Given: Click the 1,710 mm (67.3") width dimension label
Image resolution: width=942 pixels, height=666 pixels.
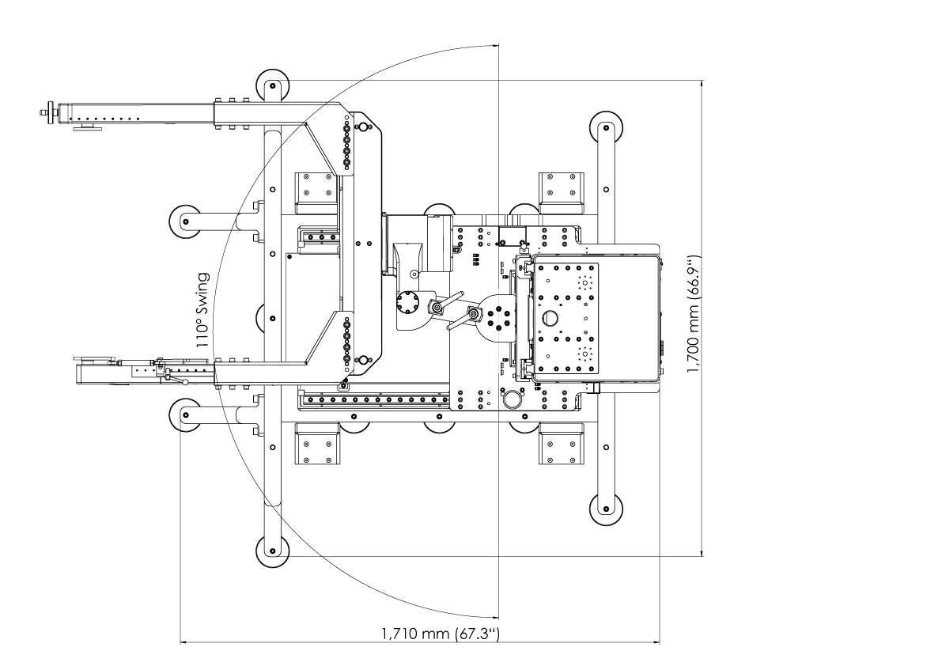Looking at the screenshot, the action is [x=441, y=633].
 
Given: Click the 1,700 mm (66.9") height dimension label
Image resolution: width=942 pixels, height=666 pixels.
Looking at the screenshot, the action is [x=694, y=313].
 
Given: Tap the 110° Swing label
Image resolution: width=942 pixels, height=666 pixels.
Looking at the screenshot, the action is [x=202, y=311].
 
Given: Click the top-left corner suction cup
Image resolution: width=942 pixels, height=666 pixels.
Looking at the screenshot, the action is [x=274, y=86].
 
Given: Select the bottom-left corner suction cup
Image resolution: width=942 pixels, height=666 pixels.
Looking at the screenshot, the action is [x=274, y=550].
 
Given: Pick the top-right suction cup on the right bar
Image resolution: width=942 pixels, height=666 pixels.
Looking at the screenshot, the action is [x=606, y=127].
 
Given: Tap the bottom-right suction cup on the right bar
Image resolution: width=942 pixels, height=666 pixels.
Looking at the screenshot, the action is [x=606, y=509].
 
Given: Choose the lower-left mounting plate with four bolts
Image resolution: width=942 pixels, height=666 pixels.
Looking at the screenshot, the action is [x=317, y=444].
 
